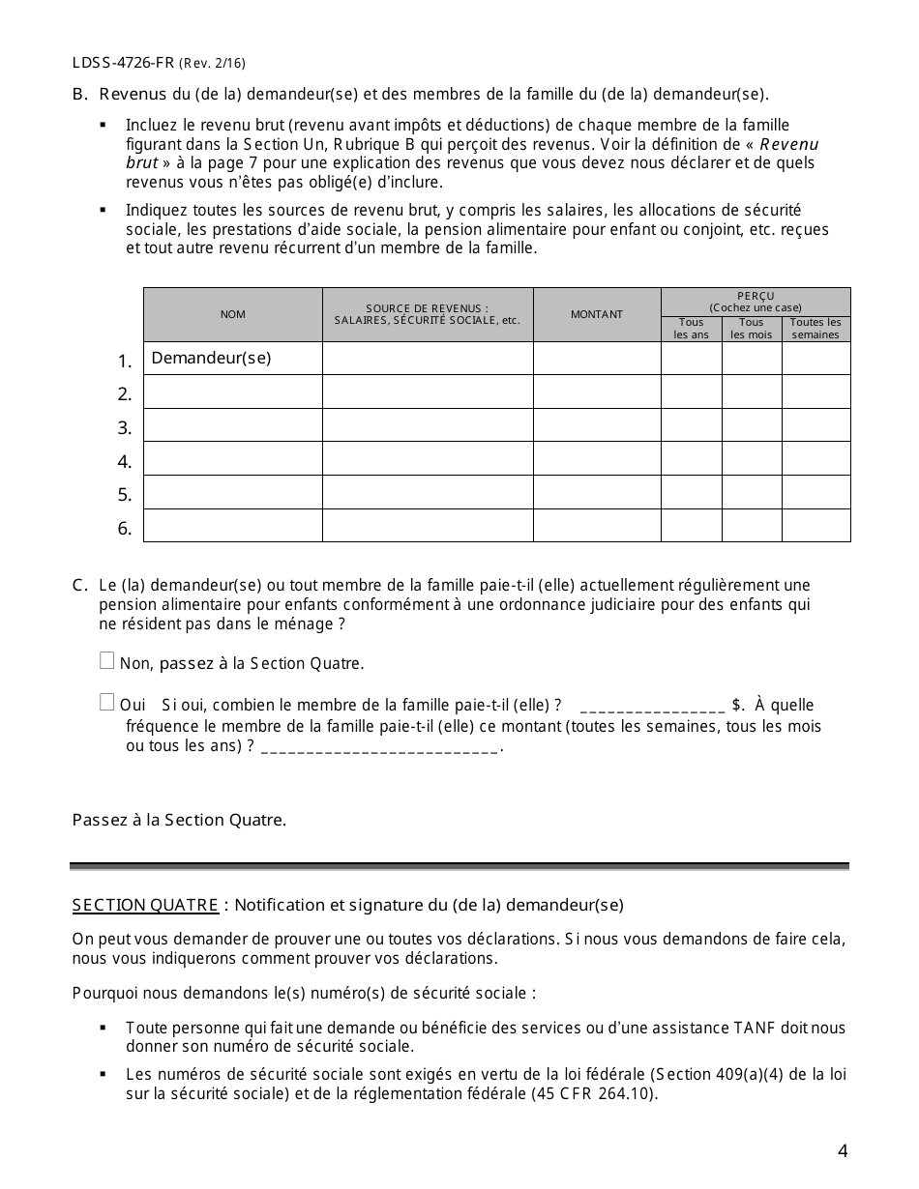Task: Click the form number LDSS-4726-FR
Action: click(123, 63)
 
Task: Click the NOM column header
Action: click(233, 314)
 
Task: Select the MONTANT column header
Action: click(597, 314)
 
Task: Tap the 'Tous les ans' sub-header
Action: click(692, 329)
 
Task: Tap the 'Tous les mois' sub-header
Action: click(752, 329)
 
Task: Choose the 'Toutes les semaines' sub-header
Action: click(816, 329)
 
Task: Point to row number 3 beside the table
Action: click(125, 428)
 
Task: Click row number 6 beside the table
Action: click(125, 529)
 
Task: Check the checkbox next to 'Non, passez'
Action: click(107, 661)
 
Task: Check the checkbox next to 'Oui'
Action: click(107, 703)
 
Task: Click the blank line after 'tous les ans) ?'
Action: click(380, 747)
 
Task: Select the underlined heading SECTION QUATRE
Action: click(145, 906)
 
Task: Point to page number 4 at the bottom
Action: click(843, 1150)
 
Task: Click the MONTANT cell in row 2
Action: click(597, 391)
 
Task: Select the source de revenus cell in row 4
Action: click(428, 458)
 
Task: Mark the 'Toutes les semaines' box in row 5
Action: click(816, 492)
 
